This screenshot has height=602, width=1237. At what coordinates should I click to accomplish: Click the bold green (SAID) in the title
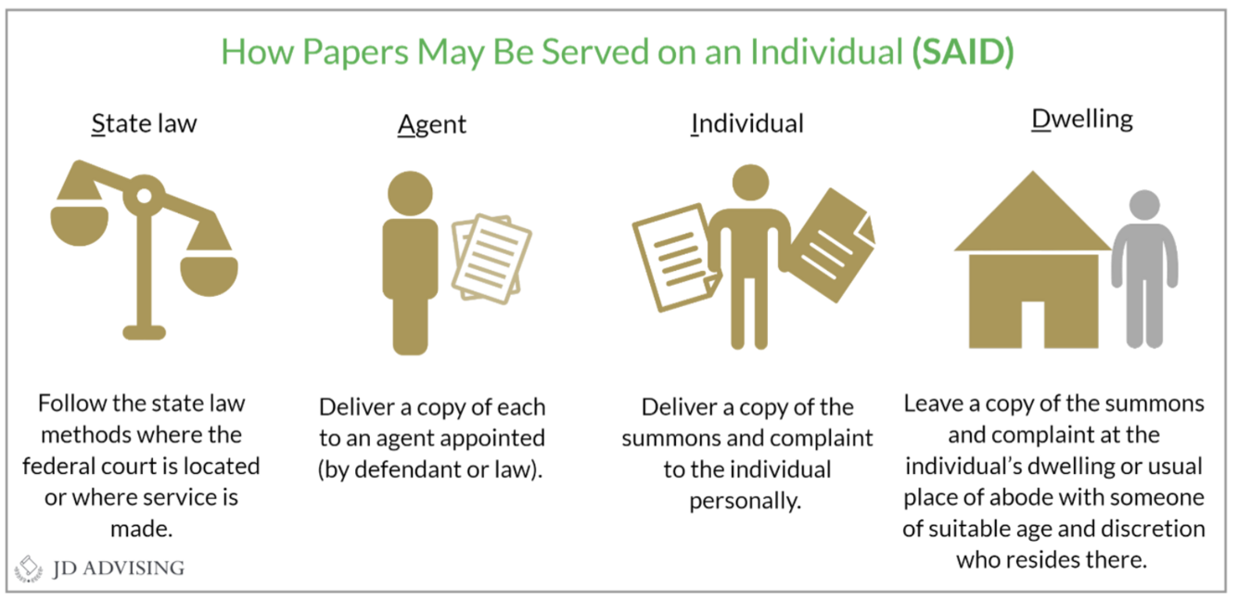(963, 52)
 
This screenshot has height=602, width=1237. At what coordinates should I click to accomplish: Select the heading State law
(144, 124)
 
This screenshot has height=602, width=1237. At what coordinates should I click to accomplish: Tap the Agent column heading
(432, 124)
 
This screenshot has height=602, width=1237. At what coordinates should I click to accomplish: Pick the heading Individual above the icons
(747, 124)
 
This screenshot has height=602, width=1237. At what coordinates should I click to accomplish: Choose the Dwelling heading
(1082, 121)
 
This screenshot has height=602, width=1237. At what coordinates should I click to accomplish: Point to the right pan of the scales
(209, 274)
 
